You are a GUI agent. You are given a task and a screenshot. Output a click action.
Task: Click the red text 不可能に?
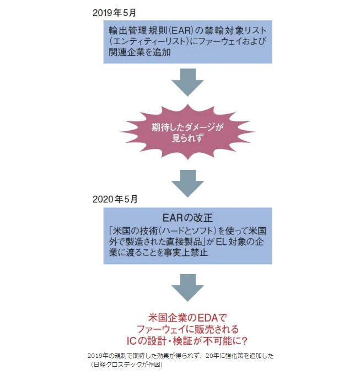224,340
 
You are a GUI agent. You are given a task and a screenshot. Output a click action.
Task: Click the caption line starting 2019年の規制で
180,356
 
